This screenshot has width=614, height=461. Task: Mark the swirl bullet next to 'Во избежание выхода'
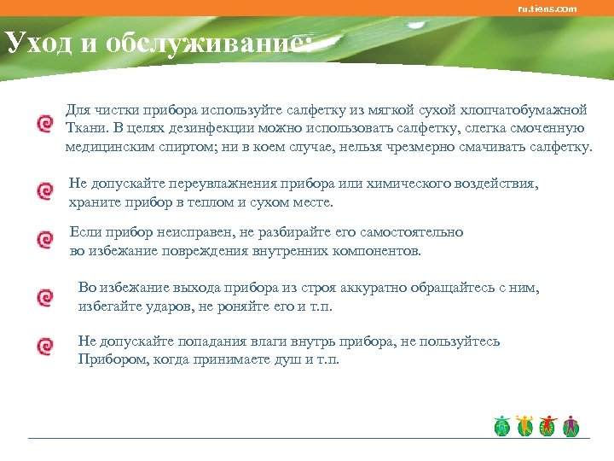click(x=43, y=297)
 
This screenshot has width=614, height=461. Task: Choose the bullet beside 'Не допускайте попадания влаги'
click(x=43, y=347)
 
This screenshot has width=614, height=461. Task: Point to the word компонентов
click(x=373, y=251)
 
